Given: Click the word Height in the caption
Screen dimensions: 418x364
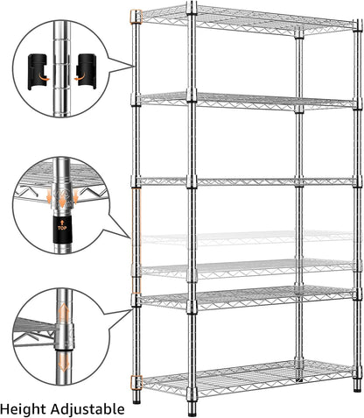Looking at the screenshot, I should coord(24,407).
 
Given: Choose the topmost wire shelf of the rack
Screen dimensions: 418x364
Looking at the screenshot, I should coord(249,18).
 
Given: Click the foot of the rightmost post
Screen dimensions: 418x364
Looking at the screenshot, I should coord(356,386).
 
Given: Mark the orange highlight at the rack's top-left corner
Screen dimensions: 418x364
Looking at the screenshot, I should coord(136,16).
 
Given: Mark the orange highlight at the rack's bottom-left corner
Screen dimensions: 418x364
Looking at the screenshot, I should coord(136,382).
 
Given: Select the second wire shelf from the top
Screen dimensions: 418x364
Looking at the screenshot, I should coord(249,101).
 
